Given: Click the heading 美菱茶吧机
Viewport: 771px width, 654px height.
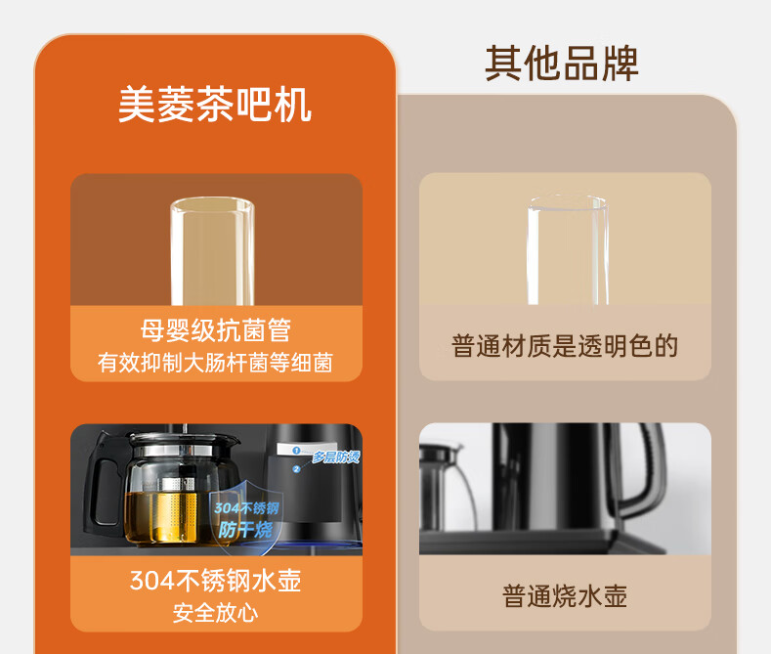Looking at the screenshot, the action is pyautogui.click(x=215, y=105).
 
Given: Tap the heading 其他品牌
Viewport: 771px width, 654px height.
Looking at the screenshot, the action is pyautogui.click(x=562, y=64).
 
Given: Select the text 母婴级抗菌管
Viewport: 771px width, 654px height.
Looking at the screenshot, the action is pyautogui.click(x=216, y=330).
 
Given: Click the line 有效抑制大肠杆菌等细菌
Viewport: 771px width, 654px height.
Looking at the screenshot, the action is pyautogui.click(x=215, y=363).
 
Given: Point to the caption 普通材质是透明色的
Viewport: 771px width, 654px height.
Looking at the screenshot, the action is pyautogui.click(x=565, y=346).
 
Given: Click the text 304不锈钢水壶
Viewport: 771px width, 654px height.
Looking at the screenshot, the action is pyautogui.click(x=215, y=581).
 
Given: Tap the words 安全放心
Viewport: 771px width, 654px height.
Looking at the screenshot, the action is pyautogui.click(x=215, y=613).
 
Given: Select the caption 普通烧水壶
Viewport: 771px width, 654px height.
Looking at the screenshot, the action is pyautogui.click(x=565, y=596).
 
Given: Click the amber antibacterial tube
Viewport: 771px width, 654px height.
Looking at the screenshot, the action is pyautogui.click(x=212, y=251).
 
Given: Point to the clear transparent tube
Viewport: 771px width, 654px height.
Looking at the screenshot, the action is pyautogui.click(x=568, y=249).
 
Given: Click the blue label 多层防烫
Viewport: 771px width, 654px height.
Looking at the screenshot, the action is pyautogui.click(x=336, y=458).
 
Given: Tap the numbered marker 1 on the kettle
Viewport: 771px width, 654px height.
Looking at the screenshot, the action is pyautogui.click(x=296, y=450).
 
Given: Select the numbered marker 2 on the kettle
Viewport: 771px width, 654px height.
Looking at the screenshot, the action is pyautogui.click(x=296, y=469).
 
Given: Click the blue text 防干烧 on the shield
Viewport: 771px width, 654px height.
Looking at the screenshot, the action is pyautogui.click(x=245, y=530).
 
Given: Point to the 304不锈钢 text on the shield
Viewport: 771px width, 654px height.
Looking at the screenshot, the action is pyautogui.click(x=246, y=508).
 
